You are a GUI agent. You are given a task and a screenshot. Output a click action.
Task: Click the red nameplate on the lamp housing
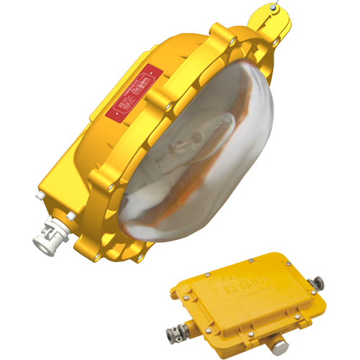point(132,91)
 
